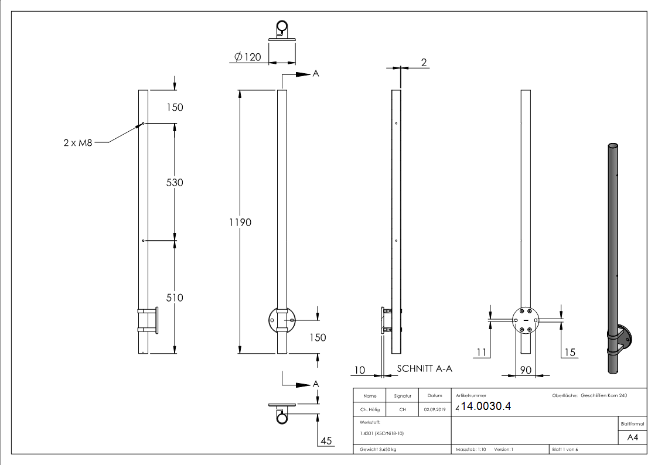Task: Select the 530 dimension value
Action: tap(175, 183)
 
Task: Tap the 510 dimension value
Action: tap(175, 298)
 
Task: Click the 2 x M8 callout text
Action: tap(78, 142)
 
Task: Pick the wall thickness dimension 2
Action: tap(424, 63)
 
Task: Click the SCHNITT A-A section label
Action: tap(425, 369)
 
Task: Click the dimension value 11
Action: tap(482, 352)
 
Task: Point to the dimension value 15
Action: tap(570, 352)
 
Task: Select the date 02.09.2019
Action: tap(434, 409)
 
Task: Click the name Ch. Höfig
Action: tap(370, 409)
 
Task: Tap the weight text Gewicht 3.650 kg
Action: tap(379, 450)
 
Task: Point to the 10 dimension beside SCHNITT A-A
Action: tap(360, 370)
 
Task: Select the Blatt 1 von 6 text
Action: tap(565, 450)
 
